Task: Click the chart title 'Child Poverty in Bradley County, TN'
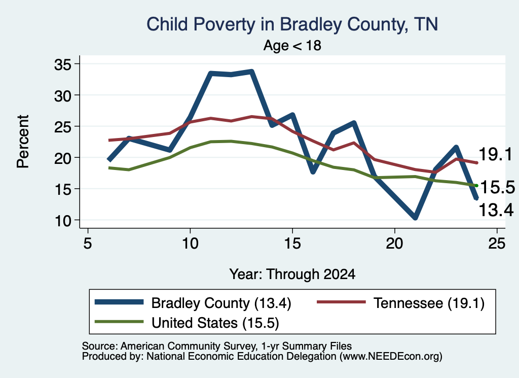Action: click(x=292, y=24)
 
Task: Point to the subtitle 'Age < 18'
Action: click(x=292, y=45)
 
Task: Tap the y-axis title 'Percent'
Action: click(x=23, y=142)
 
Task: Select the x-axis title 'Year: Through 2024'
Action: click(x=292, y=274)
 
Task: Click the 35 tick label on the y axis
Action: click(x=63, y=64)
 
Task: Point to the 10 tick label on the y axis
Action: click(x=63, y=220)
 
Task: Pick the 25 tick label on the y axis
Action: click(x=63, y=126)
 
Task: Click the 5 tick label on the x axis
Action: click(x=87, y=244)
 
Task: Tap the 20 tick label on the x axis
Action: click(x=394, y=244)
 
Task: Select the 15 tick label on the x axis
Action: click(x=292, y=244)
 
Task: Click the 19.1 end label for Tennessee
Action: click(x=496, y=154)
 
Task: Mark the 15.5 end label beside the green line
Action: click(x=498, y=188)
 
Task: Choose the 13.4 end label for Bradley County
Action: click(x=496, y=210)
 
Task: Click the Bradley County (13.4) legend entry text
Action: click(x=221, y=303)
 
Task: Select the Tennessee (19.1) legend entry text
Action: click(x=429, y=303)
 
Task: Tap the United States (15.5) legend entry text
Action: click(x=215, y=323)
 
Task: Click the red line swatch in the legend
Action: click(x=341, y=302)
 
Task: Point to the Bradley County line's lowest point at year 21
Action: click(x=415, y=218)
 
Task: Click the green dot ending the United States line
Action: click(x=476, y=186)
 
